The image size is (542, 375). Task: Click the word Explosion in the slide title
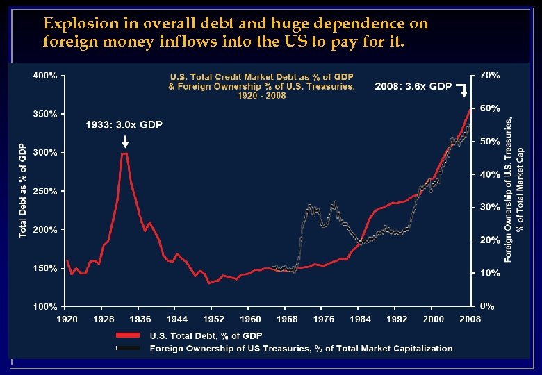click(x=72, y=24)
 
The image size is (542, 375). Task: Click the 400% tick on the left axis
click(x=45, y=75)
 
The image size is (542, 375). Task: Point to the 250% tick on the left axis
click(x=45, y=191)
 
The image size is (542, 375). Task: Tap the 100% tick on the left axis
click(x=45, y=306)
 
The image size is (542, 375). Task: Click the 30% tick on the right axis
click(x=490, y=207)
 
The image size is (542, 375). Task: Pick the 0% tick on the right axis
click(x=488, y=306)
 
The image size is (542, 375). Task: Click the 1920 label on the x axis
click(x=66, y=319)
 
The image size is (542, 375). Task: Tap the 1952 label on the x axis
click(x=214, y=319)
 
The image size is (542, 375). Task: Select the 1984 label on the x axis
click(x=361, y=319)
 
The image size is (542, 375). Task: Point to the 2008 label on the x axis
click(x=470, y=319)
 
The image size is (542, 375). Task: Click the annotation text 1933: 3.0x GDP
click(x=124, y=125)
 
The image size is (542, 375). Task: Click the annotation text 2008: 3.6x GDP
click(x=413, y=87)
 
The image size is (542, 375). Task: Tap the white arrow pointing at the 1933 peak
click(x=124, y=142)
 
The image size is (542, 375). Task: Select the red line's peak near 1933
click(x=124, y=153)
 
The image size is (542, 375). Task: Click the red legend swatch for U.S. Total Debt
click(x=131, y=336)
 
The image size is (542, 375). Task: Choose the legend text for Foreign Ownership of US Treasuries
click(x=301, y=349)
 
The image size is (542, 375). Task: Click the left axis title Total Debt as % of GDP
click(x=23, y=191)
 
